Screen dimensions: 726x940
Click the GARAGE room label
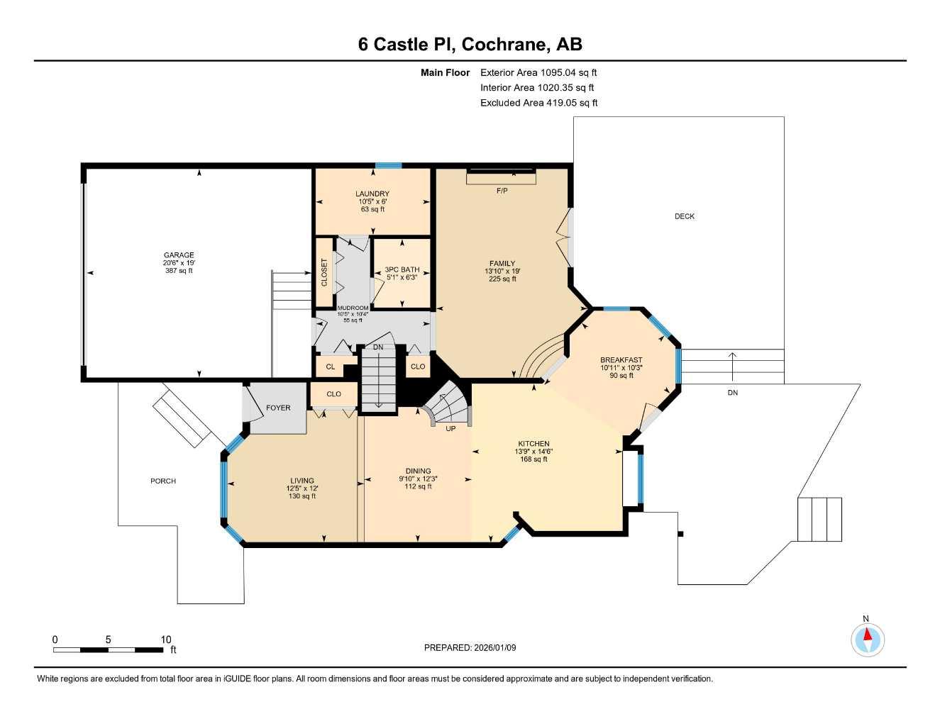179,255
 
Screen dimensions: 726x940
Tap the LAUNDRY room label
372,194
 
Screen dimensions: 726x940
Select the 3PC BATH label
402,269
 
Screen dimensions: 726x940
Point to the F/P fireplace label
502,191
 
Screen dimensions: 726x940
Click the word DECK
685,216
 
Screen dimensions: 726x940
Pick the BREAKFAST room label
621,360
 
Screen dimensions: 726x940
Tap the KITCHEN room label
533,444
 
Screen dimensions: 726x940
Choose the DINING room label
418,471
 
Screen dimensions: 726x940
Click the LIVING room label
302,481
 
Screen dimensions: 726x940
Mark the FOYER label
278,408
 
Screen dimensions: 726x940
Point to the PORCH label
163,481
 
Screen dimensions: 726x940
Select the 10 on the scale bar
166,640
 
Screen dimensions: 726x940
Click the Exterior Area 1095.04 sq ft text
538,72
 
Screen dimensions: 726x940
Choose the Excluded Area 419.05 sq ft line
538,103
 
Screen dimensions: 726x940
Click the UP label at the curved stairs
450,428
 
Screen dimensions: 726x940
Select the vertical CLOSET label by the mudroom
325,272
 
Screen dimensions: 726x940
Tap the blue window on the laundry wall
388,166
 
